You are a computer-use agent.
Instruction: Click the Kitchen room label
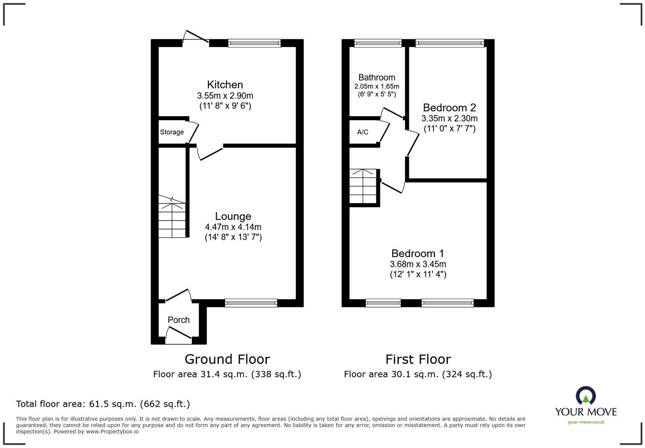pos(225,85)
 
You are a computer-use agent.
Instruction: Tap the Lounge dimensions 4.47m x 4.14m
pos(233,227)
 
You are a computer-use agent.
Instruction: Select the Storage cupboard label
pos(172,132)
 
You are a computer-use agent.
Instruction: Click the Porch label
pos(179,320)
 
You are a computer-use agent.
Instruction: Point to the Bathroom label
pos(376,77)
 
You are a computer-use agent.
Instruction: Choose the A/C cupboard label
pos(362,132)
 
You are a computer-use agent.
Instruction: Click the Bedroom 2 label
pos(449,108)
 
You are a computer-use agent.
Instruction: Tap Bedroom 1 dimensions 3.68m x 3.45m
pos(418,264)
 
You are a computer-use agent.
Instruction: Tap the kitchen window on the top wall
pos(254,43)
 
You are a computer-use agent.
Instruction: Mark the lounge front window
pos(251,303)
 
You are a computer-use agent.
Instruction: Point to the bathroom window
pos(378,43)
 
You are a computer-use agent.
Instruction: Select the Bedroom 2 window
pos(449,43)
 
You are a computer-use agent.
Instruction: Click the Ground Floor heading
pos(227,359)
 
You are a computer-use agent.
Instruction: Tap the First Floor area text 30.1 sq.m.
pos(418,374)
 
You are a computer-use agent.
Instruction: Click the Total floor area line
pos(103,404)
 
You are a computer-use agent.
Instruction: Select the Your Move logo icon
pos(585,396)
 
